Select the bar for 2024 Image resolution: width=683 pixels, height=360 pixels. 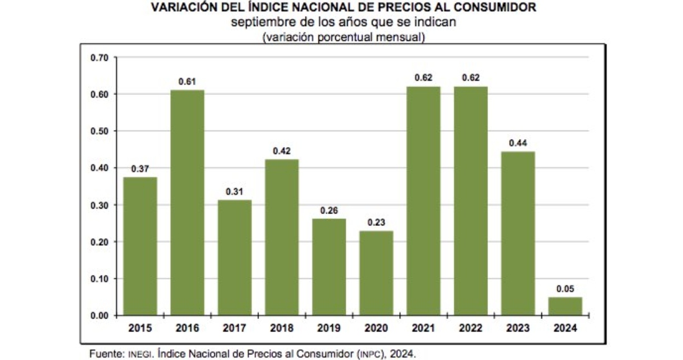pyautogui.click(x=565, y=306)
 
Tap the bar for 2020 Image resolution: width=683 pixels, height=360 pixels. pyautogui.click(x=376, y=273)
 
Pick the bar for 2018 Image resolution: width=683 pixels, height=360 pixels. pyautogui.click(x=282, y=238)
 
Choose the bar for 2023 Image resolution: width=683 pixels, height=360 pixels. pyautogui.click(x=518, y=233)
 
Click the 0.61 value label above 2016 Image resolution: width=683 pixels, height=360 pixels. pyautogui.click(x=188, y=81)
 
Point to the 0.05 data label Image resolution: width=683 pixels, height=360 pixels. pyautogui.click(x=565, y=289)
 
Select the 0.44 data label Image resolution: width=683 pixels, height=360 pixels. pyautogui.click(x=518, y=143)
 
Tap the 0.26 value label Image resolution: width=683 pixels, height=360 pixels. pyautogui.click(x=329, y=210)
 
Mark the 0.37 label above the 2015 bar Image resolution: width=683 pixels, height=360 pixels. pyautogui.click(x=140, y=168)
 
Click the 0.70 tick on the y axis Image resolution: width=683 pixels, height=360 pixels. pyautogui.click(x=99, y=58)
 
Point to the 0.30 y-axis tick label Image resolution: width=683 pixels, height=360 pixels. pyautogui.click(x=99, y=205)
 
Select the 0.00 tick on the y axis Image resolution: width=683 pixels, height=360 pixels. pyautogui.click(x=99, y=316)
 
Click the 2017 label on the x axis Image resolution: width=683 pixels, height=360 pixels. pyautogui.click(x=235, y=328)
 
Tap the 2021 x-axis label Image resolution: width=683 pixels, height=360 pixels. pyautogui.click(x=423, y=328)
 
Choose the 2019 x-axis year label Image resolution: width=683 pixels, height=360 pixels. pyautogui.click(x=329, y=328)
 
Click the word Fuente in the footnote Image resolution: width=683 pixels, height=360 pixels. pyautogui.click(x=107, y=353)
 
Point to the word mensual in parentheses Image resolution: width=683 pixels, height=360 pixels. pyautogui.click(x=399, y=37)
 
